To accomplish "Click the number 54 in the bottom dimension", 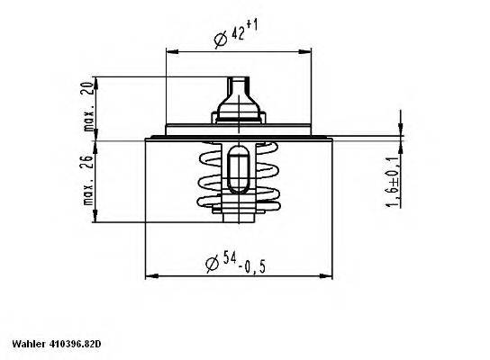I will [x=230, y=262].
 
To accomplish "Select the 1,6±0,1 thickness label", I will [x=393, y=184].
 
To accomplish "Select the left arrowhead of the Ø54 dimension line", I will [x=150, y=275].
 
